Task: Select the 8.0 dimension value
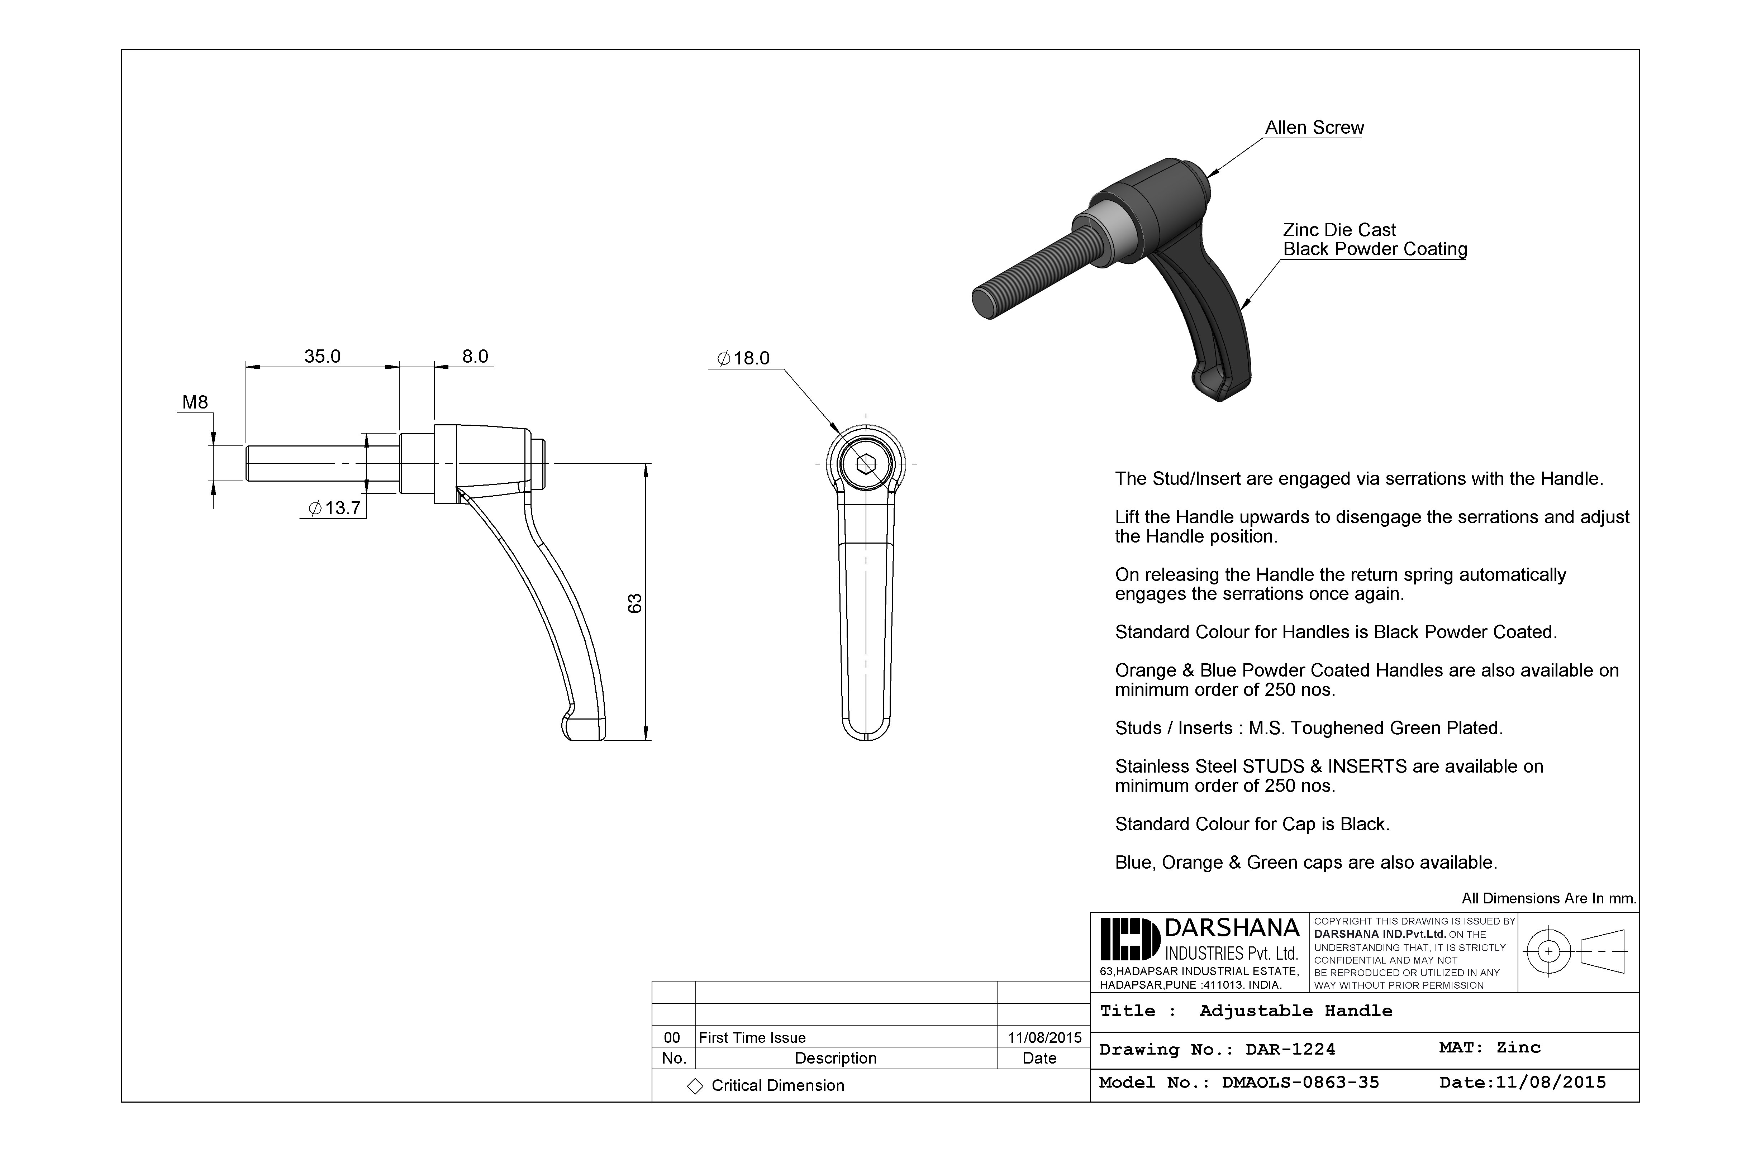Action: tap(475, 357)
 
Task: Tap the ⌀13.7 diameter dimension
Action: tap(334, 508)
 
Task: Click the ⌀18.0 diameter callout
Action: tap(744, 359)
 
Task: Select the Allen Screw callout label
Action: tap(1314, 128)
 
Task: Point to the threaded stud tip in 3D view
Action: tap(984, 303)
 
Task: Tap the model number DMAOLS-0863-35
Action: tap(1300, 1083)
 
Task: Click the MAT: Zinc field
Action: tap(1489, 1047)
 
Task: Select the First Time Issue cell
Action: tap(752, 1038)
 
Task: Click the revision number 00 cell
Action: tap(672, 1038)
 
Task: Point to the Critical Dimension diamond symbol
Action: tap(695, 1086)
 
